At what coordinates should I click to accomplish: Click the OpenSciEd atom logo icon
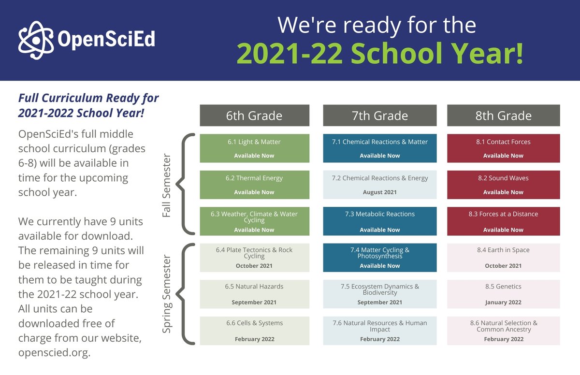click(36, 40)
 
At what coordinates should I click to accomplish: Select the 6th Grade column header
click(254, 115)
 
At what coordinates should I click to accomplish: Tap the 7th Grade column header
click(379, 115)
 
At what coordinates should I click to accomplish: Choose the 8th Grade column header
click(503, 115)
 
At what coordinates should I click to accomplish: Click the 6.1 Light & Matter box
click(254, 148)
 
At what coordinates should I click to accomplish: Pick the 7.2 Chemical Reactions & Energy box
click(379, 184)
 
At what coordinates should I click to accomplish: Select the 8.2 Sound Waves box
click(503, 184)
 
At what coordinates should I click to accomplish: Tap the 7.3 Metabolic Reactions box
click(379, 221)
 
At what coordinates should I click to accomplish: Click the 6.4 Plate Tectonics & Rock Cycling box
click(254, 258)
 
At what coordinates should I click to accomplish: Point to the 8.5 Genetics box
click(503, 294)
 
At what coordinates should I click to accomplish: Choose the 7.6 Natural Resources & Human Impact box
click(379, 331)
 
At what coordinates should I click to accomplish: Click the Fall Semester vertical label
click(167, 186)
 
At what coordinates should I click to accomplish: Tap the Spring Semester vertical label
click(167, 294)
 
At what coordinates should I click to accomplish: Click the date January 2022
click(503, 303)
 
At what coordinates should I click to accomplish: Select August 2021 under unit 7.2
click(379, 192)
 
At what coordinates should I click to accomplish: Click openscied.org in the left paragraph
click(54, 352)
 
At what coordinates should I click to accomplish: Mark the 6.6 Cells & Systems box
click(254, 331)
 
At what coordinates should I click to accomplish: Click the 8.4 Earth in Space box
click(503, 258)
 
